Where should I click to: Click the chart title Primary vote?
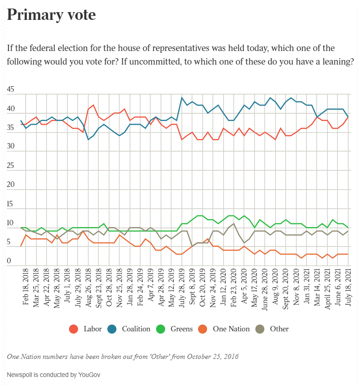click(51, 15)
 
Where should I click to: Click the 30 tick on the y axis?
click(11, 147)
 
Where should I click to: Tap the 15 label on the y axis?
click(11, 204)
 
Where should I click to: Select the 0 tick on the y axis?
click(9, 261)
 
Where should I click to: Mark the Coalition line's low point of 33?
click(88, 140)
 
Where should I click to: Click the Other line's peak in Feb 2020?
click(234, 223)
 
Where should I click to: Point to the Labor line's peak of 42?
click(93, 105)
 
